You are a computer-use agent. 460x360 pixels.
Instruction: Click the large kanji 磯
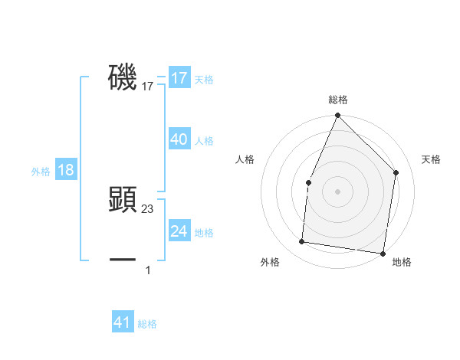(123, 77)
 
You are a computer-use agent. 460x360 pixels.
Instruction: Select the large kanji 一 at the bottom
(123, 260)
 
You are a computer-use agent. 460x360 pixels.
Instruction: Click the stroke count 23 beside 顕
(148, 208)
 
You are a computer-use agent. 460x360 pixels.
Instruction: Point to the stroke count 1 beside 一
(148, 270)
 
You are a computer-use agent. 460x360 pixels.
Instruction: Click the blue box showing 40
(179, 139)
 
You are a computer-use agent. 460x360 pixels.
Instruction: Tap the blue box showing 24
(179, 231)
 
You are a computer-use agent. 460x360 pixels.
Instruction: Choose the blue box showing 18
(66, 170)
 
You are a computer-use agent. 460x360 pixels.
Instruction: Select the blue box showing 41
(123, 322)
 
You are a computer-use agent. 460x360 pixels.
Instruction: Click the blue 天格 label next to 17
(204, 80)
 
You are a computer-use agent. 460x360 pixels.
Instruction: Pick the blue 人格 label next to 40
(204, 141)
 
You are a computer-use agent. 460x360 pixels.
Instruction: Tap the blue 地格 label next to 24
(204, 233)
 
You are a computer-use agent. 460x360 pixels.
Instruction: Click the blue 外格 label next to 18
(41, 172)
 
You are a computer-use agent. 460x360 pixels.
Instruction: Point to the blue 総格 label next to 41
(147, 324)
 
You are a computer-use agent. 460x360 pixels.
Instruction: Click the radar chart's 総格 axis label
(338, 100)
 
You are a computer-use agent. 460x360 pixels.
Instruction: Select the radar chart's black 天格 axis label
(431, 159)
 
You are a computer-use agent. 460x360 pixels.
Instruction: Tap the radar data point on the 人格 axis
(308, 182)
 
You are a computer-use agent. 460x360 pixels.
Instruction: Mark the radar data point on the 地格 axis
(383, 253)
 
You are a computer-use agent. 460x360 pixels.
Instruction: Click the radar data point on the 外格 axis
(302, 242)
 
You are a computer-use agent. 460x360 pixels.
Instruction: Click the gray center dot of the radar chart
(337, 191)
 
